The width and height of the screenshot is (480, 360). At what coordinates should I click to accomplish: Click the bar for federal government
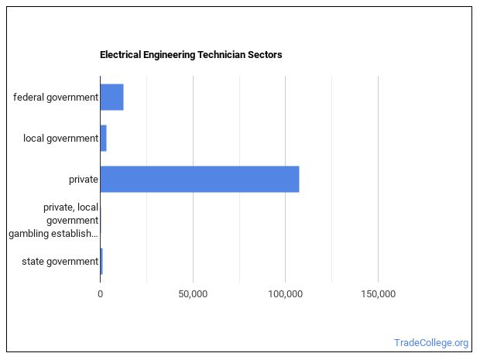click(111, 97)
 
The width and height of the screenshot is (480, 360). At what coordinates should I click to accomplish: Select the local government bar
click(103, 138)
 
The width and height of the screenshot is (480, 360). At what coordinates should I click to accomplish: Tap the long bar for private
click(199, 179)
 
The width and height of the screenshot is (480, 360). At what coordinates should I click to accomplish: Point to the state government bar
click(101, 261)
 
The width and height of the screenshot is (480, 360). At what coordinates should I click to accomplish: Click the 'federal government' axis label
click(56, 98)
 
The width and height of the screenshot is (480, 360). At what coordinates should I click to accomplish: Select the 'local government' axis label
click(60, 139)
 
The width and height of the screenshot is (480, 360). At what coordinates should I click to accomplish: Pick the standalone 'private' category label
click(83, 180)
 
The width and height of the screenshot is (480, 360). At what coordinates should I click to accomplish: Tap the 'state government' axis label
click(60, 262)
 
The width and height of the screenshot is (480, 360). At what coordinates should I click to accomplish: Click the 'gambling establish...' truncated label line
click(53, 234)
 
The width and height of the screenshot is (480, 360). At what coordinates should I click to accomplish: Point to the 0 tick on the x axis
click(100, 294)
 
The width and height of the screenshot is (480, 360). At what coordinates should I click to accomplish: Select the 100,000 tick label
click(285, 294)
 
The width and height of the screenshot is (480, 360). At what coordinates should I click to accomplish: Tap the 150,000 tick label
click(378, 294)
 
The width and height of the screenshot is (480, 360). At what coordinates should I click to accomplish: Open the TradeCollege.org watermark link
click(431, 343)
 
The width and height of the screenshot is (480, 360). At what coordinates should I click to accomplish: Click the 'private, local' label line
click(70, 207)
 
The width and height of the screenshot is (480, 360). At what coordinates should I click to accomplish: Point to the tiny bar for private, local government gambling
click(101, 220)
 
